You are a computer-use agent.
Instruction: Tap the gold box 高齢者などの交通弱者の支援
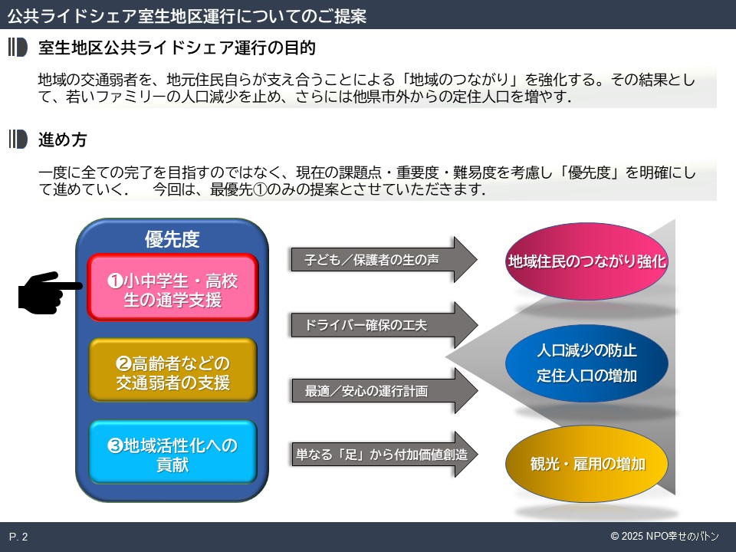pyautogui.click(x=172, y=372)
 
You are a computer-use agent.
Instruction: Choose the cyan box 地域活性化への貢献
pyautogui.click(x=172, y=454)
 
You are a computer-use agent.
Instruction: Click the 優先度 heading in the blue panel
pyautogui.click(x=172, y=239)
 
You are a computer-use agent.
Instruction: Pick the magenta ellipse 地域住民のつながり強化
pyautogui.click(x=587, y=261)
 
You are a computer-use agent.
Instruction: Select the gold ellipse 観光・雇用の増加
pyautogui.click(x=587, y=464)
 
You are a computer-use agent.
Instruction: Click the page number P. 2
pyautogui.click(x=18, y=537)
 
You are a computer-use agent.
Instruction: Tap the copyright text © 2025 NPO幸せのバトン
pyautogui.click(x=668, y=537)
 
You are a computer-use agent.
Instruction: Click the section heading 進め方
pyautogui.click(x=63, y=140)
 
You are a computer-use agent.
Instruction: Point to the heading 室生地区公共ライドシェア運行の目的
pyautogui.click(x=177, y=48)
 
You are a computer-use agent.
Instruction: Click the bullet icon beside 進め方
pyautogui.click(x=18, y=140)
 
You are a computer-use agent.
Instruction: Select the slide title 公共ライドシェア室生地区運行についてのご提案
pyautogui.click(x=186, y=15)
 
